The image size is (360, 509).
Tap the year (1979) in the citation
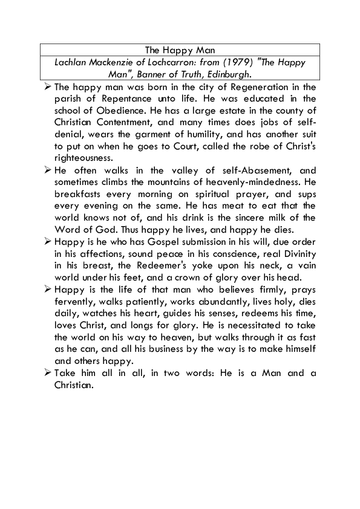point(229,62)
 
